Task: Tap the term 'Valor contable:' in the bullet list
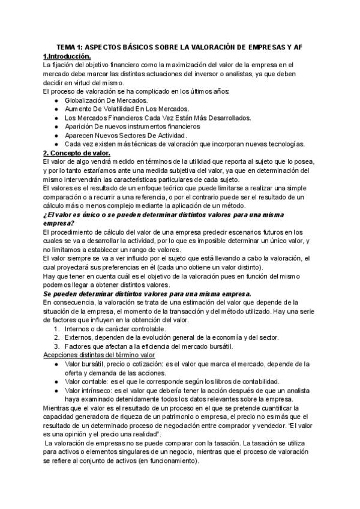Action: coord(89,381)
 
